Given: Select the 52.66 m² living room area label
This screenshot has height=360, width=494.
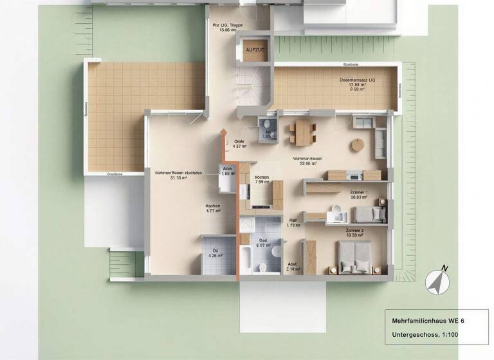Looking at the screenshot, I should coord(307,161).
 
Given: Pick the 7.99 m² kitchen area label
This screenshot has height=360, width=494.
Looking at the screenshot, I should coord(262,180).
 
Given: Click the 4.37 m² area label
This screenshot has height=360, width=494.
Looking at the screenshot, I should coord(239,143).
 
